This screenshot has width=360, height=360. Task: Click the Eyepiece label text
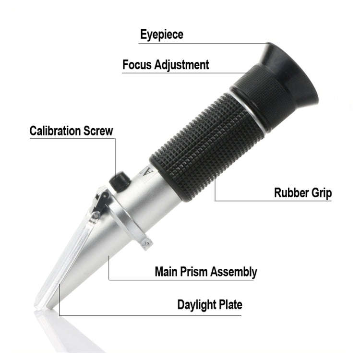click(x=162, y=34)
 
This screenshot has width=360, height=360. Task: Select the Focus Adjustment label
click(x=166, y=64)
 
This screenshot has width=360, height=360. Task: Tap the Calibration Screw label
click(x=71, y=131)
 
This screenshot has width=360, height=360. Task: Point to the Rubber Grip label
click(x=302, y=193)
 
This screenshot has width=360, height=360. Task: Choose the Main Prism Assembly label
click(x=205, y=272)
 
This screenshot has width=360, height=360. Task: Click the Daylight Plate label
click(x=210, y=304)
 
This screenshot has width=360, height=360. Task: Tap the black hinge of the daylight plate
click(x=100, y=202)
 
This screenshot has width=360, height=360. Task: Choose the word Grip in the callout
click(x=321, y=193)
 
